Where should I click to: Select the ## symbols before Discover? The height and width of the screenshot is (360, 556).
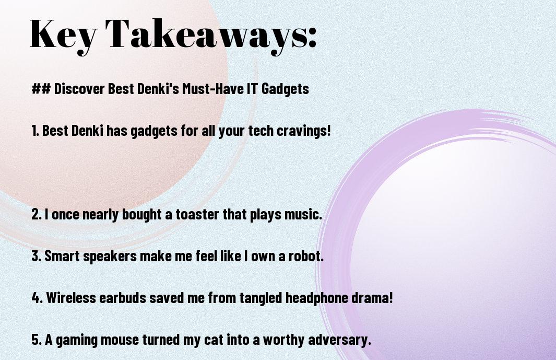[x=41, y=88]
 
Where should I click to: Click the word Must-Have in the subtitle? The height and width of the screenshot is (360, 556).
[x=213, y=88]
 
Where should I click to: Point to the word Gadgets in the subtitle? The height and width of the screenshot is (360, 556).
[x=285, y=89]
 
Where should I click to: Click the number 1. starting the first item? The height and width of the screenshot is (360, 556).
[x=35, y=131]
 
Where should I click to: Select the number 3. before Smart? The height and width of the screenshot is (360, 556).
[x=36, y=256]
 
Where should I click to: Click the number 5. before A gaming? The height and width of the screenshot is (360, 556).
[x=37, y=340]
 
